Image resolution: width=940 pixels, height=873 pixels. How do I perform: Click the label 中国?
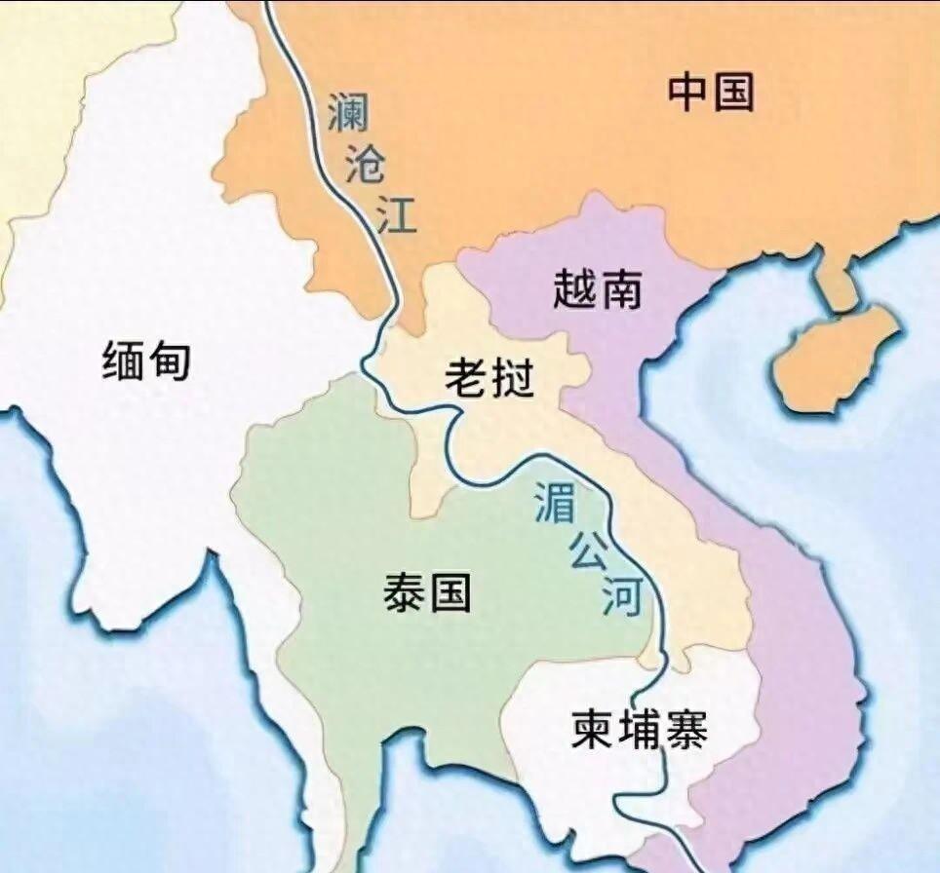click(711, 93)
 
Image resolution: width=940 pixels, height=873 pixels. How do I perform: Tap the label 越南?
click(597, 289)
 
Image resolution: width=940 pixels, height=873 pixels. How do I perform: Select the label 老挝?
click(490, 376)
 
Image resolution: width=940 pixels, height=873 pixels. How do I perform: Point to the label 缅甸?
click(146, 362)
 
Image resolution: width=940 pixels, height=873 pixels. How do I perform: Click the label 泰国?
click(427, 591)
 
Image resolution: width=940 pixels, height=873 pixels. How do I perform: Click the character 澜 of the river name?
click(348, 113)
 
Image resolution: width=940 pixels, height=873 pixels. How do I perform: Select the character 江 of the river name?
click(397, 215)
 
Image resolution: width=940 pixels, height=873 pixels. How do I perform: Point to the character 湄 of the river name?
click(555, 502)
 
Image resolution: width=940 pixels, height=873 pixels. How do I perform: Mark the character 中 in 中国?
click(688, 93)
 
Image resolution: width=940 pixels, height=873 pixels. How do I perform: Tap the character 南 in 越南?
click(620, 289)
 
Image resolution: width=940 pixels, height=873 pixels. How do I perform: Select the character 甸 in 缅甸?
click(170, 362)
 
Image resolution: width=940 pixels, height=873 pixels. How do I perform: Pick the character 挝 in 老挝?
click(513, 376)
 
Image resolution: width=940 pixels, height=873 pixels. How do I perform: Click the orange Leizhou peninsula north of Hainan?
click(835, 283)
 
